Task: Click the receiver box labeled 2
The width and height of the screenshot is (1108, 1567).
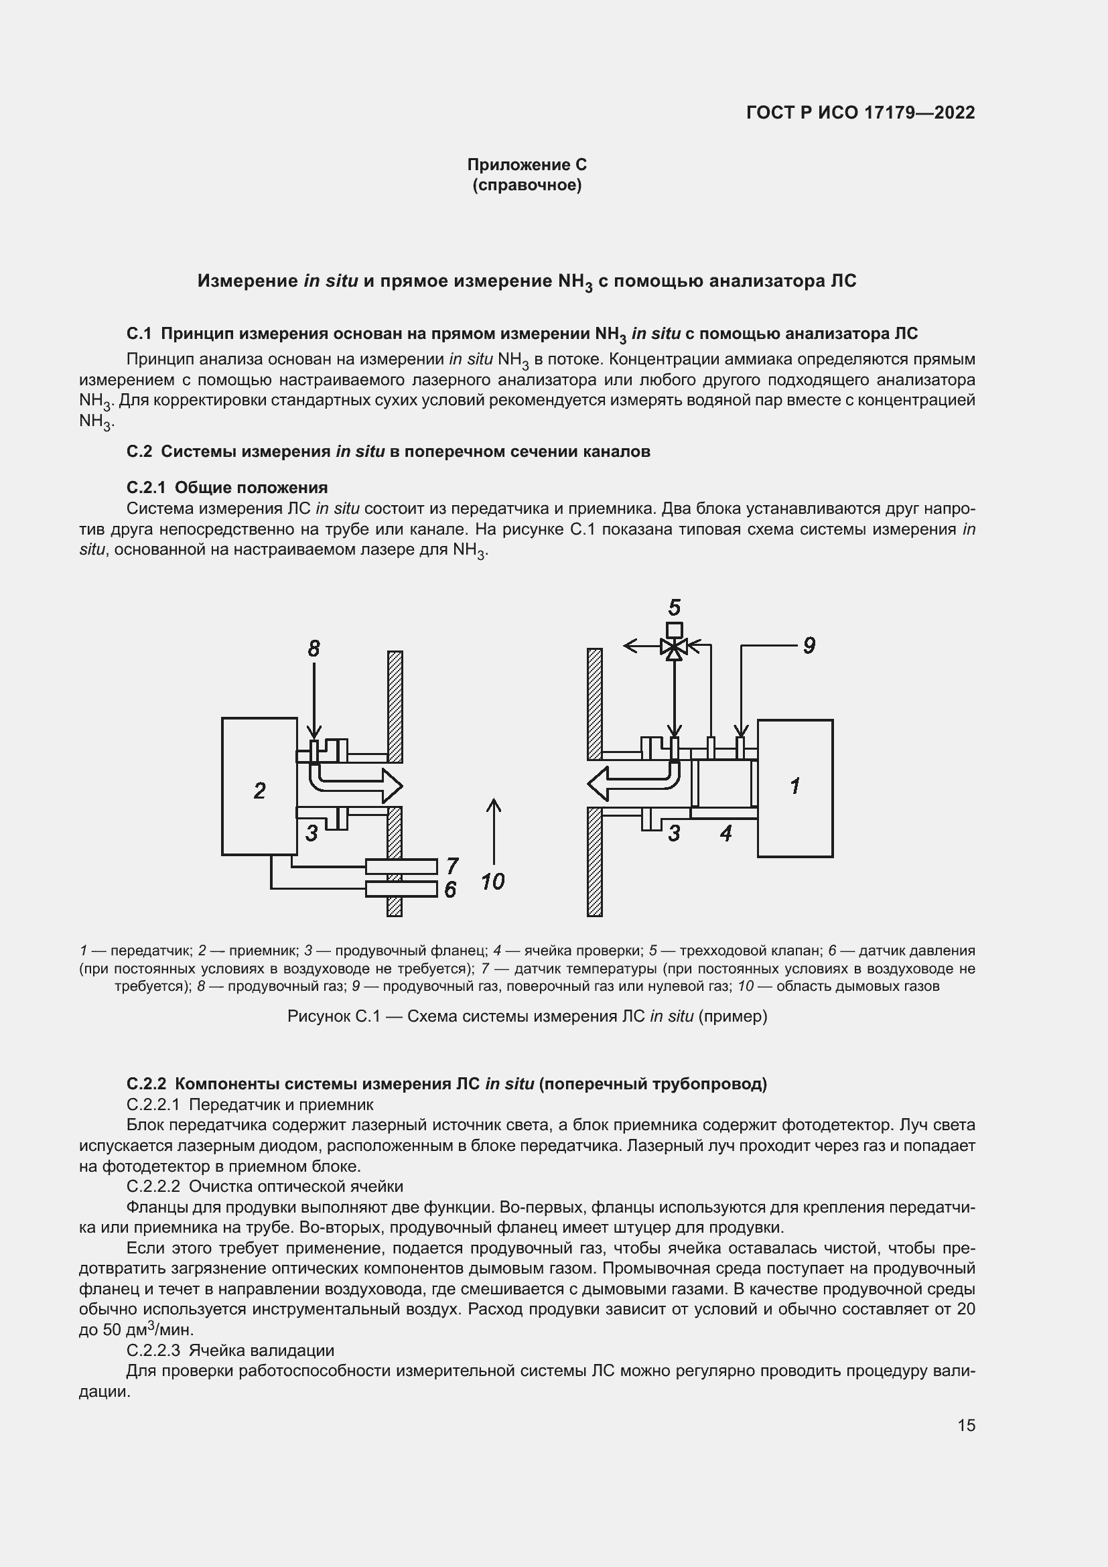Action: pos(259,786)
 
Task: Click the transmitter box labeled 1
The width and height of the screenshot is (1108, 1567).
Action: pos(795,788)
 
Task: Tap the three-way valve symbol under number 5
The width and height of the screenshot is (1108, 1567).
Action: pos(674,646)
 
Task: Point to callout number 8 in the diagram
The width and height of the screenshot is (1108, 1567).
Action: pos(313,649)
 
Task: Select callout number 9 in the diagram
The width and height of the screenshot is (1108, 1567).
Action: pos(809,645)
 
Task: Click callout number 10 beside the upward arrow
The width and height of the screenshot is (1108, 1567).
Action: pos(492,882)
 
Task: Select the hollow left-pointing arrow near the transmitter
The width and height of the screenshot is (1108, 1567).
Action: pos(631,782)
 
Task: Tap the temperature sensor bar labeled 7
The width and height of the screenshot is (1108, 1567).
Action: pos(401,866)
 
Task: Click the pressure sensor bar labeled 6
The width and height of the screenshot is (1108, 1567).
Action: pos(401,888)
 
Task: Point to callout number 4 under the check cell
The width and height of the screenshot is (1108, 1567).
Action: pos(725,833)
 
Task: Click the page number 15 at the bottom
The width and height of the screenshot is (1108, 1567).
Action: pos(966,1425)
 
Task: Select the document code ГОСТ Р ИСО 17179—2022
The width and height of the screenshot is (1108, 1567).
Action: pos(860,113)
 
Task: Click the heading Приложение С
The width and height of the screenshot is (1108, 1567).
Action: pos(527,165)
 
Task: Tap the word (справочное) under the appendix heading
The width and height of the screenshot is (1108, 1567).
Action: pos(527,185)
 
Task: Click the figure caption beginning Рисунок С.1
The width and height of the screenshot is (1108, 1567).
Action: pos(527,1016)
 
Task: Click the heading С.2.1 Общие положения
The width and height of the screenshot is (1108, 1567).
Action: pos(227,487)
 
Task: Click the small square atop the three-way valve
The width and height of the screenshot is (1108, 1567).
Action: pos(674,629)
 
